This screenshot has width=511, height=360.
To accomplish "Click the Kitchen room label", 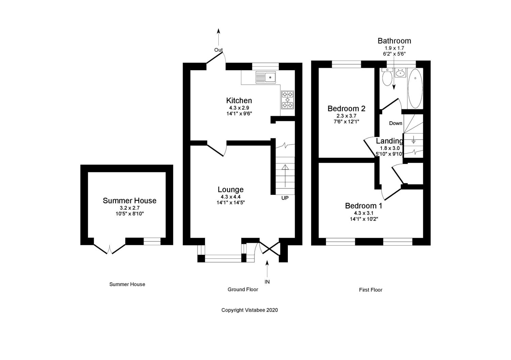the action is [x=239, y=100].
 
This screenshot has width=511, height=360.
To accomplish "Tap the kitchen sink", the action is [x=266, y=78].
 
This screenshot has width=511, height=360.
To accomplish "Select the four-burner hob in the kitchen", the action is [x=287, y=99].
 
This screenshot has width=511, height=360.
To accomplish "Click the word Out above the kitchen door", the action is [x=218, y=50].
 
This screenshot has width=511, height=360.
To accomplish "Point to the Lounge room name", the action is [x=231, y=190].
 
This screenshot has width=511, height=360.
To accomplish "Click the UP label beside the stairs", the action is [x=285, y=198].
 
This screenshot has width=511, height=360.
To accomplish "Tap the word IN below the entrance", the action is [x=267, y=282].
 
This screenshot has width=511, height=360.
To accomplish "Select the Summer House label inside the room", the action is [x=129, y=201].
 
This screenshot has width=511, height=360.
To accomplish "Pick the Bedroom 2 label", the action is [x=346, y=109].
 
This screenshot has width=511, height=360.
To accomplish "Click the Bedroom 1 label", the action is [x=363, y=206].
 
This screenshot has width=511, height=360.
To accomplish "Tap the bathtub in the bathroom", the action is [x=415, y=88].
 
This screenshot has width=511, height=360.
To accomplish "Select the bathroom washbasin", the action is [x=400, y=73].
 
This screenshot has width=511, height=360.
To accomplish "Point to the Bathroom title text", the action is [x=394, y=41].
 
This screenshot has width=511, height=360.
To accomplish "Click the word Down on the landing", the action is [x=396, y=123].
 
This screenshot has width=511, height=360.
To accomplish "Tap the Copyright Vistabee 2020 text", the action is [x=250, y=310].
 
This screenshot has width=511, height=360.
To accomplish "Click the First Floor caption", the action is [x=371, y=290].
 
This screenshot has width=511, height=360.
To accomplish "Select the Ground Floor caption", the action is [x=243, y=289].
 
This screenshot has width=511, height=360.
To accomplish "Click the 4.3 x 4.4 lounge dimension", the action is [x=231, y=197].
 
